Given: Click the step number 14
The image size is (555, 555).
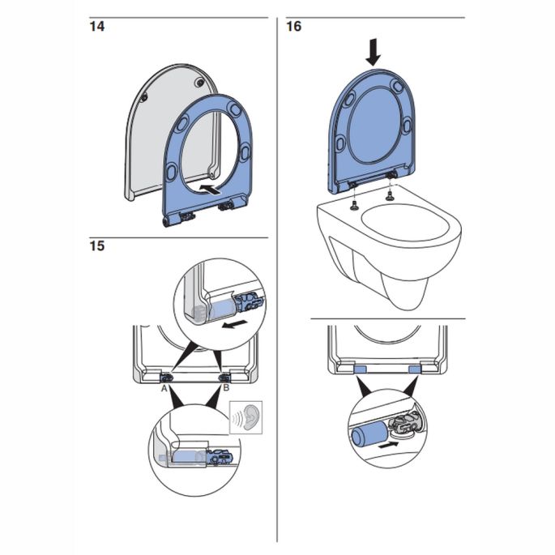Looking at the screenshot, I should (97, 26).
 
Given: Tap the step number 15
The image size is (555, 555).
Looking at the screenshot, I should (97, 246).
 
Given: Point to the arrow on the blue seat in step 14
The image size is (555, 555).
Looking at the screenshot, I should (208, 188).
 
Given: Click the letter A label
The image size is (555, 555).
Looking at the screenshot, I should (164, 389).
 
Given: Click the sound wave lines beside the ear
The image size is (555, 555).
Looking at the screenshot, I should (235, 419).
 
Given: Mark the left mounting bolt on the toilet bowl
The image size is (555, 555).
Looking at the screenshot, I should (354, 203).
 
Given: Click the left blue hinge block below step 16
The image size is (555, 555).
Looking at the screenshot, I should (361, 369).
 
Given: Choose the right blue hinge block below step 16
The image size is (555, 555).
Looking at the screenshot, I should (415, 369).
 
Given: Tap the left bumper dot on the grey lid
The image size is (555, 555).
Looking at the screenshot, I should (144, 97).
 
